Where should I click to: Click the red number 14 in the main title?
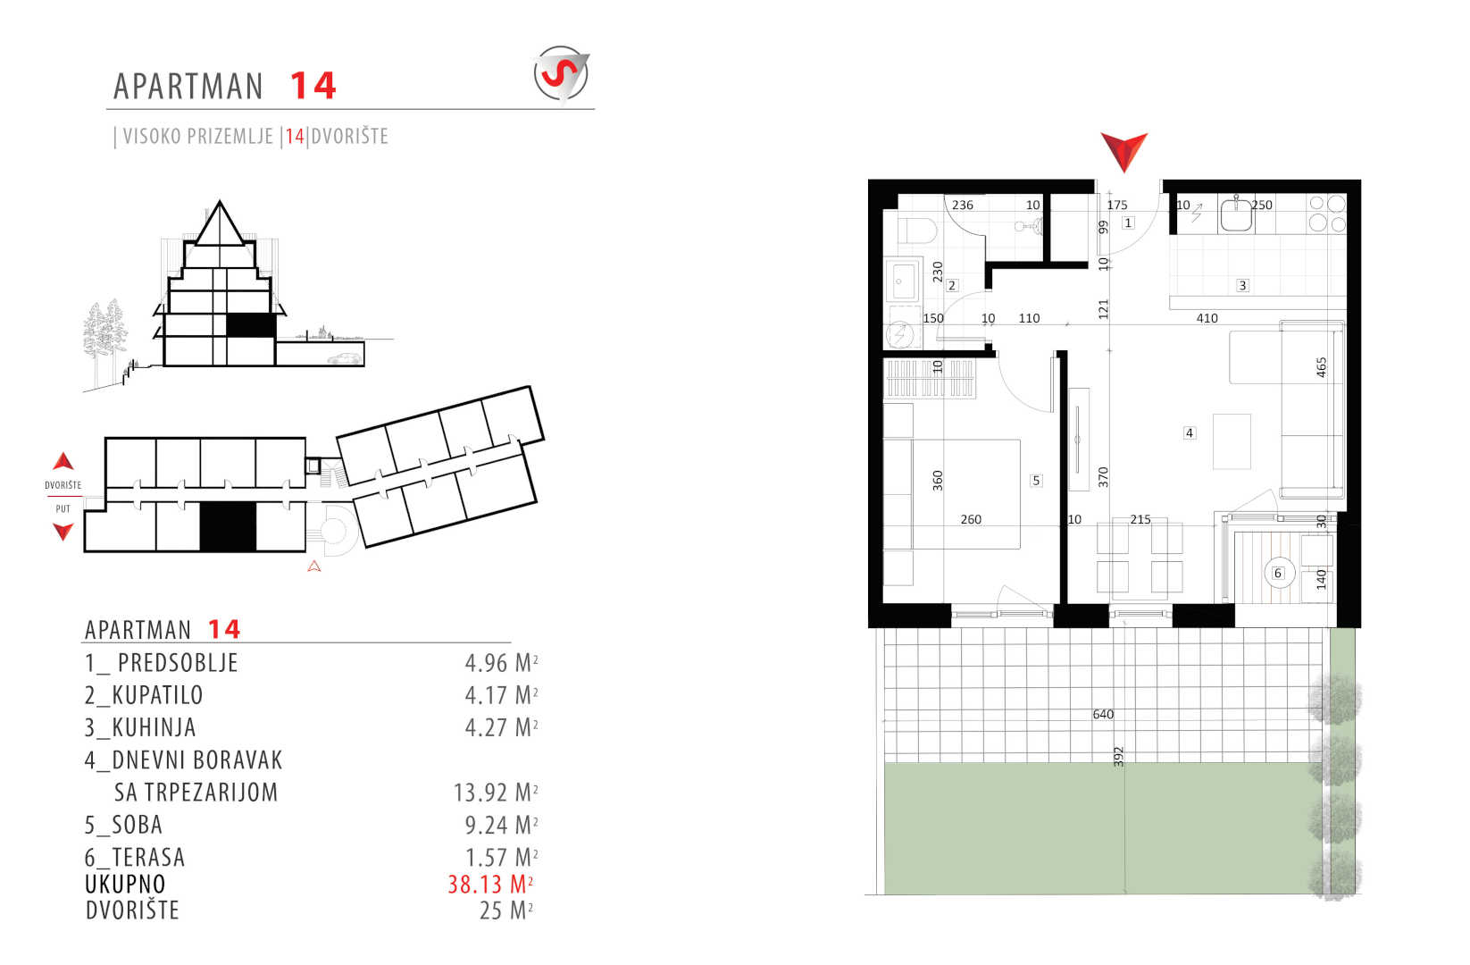pyautogui.click(x=313, y=86)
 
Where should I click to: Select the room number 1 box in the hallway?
pyautogui.click(x=1128, y=222)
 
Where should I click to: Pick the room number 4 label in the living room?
pyautogui.click(x=1189, y=432)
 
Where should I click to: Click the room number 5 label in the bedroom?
pyautogui.click(x=1036, y=481)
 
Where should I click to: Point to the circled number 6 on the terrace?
pyautogui.click(x=1278, y=573)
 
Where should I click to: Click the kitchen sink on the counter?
pyautogui.click(x=1236, y=214)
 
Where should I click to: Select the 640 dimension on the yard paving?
pyautogui.click(x=1103, y=714)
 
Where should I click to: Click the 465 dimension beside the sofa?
pyautogui.click(x=1322, y=367)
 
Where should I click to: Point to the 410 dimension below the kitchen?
pyautogui.click(x=1207, y=318)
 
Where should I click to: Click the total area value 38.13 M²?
pyautogui.click(x=490, y=885)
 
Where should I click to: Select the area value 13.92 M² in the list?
pyautogui.click(x=496, y=793)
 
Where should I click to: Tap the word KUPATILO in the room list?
pyautogui.click(x=157, y=695)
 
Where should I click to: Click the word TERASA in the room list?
pyautogui.click(x=148, y=858)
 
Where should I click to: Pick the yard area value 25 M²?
pyautogui.click(x=506, y=910)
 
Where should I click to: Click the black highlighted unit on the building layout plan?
pyautogui.click(x=227, y=526)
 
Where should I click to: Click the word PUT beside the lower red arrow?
pyautogui.click(x=63, y=508)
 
